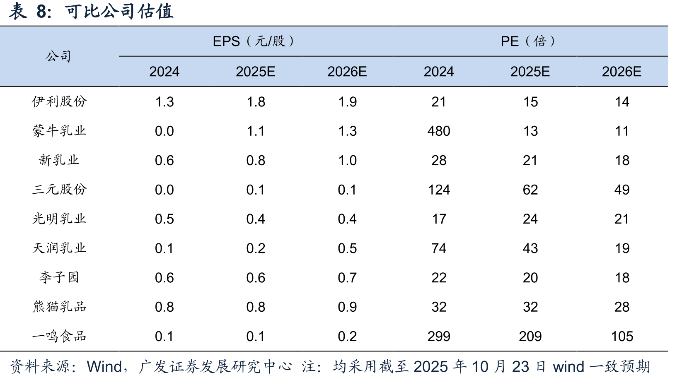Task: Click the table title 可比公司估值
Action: tap(119, 12)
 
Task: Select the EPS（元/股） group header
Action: tap(253, 41)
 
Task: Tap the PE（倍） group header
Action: tap(527, 41)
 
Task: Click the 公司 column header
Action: tap(58, 56)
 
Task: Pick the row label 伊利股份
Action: tap(59, 101)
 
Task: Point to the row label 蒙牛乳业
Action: tap(59, 131)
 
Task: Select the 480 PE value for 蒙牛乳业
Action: tap(439, 131)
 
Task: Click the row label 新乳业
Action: tap(59, 160)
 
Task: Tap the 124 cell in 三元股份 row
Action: tap(439, 190)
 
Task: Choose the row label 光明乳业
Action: tap(59, 219)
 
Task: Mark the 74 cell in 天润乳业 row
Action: tap(439, 248)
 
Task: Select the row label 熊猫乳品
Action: tap(59, 307)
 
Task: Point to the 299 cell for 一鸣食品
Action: tap(439, 337)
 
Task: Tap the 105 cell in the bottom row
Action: tap(622, 337)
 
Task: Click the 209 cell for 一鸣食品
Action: tap(530, 337)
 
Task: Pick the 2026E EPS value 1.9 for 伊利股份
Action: tap(347, 102)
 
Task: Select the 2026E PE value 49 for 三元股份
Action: tap(622, 190)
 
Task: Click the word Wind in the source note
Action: tap(104, 367)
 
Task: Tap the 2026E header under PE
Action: tap(621, 72)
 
